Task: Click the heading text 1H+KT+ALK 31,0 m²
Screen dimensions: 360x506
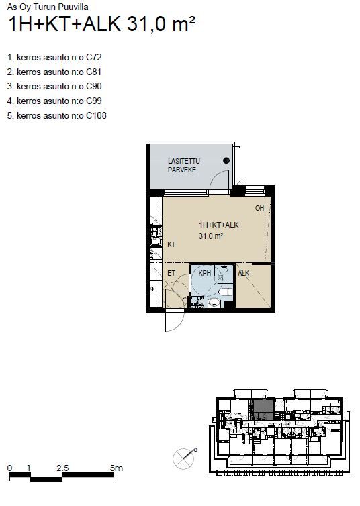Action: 101,23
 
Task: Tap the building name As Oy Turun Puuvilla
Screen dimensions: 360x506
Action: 48,7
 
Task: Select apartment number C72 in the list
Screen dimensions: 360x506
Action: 93,58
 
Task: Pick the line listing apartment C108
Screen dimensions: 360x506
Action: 57,115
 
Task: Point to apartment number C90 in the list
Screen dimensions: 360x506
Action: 93,87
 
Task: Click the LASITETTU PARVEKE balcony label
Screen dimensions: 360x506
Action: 184,166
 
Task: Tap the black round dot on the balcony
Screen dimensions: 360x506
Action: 226,160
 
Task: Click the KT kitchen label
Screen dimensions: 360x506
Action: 171,244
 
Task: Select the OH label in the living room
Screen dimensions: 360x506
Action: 260,208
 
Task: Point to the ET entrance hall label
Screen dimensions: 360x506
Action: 171,273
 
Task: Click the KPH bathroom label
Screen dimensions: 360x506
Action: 204,273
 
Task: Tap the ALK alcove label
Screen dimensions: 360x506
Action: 243,273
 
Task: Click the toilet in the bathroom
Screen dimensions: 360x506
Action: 226,293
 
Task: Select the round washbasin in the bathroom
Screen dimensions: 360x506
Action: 213,303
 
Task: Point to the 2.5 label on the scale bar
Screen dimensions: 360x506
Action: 62,468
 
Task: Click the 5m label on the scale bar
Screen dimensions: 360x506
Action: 116,468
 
